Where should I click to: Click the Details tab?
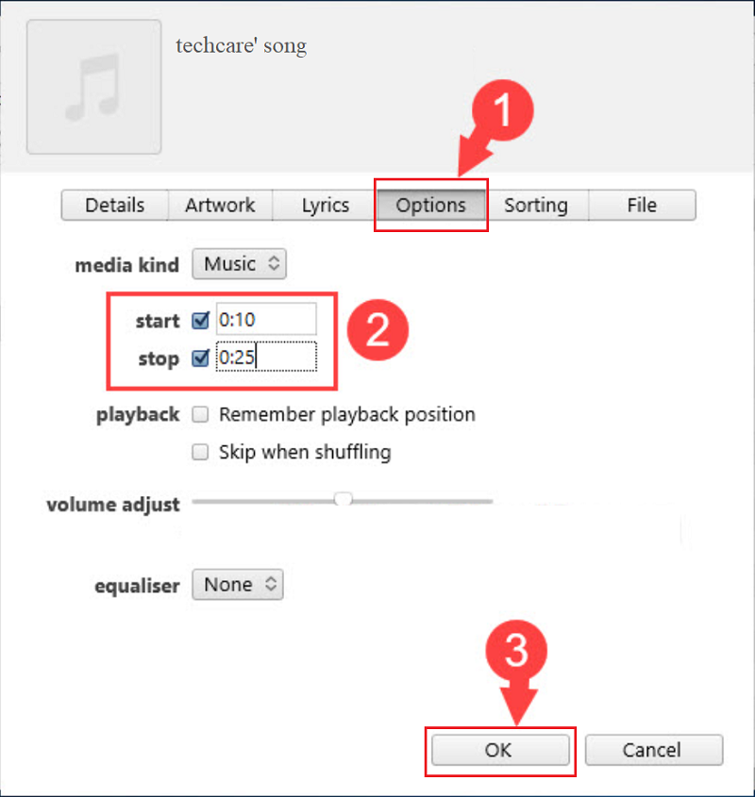(x=114, y=206)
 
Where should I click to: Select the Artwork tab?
(x=220, y=206)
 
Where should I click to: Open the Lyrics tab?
(x=325, y=206)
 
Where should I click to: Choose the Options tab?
(x=431, y=206)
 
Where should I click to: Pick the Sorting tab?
(x=536, y=206)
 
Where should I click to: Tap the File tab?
(x=642, y=206)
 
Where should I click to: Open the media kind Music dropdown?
(x=239, y=264)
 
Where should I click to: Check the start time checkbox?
(x=200, y=321)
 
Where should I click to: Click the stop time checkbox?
(x=200, y=357)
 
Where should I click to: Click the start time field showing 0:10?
(x=266, y=319)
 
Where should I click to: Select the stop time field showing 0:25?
(x=266, y=357)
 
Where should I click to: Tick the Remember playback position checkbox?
(x=200, y=414)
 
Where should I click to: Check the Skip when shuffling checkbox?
(x=200, y=452)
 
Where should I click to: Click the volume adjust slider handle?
(x=344, y=499)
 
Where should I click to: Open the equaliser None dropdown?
(x=238, y=585)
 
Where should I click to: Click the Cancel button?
(x=654, y=750)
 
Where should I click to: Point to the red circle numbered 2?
(x=377, y=330)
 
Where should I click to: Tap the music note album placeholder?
(x=94, y=87)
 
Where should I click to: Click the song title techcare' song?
(x=242, y=46)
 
